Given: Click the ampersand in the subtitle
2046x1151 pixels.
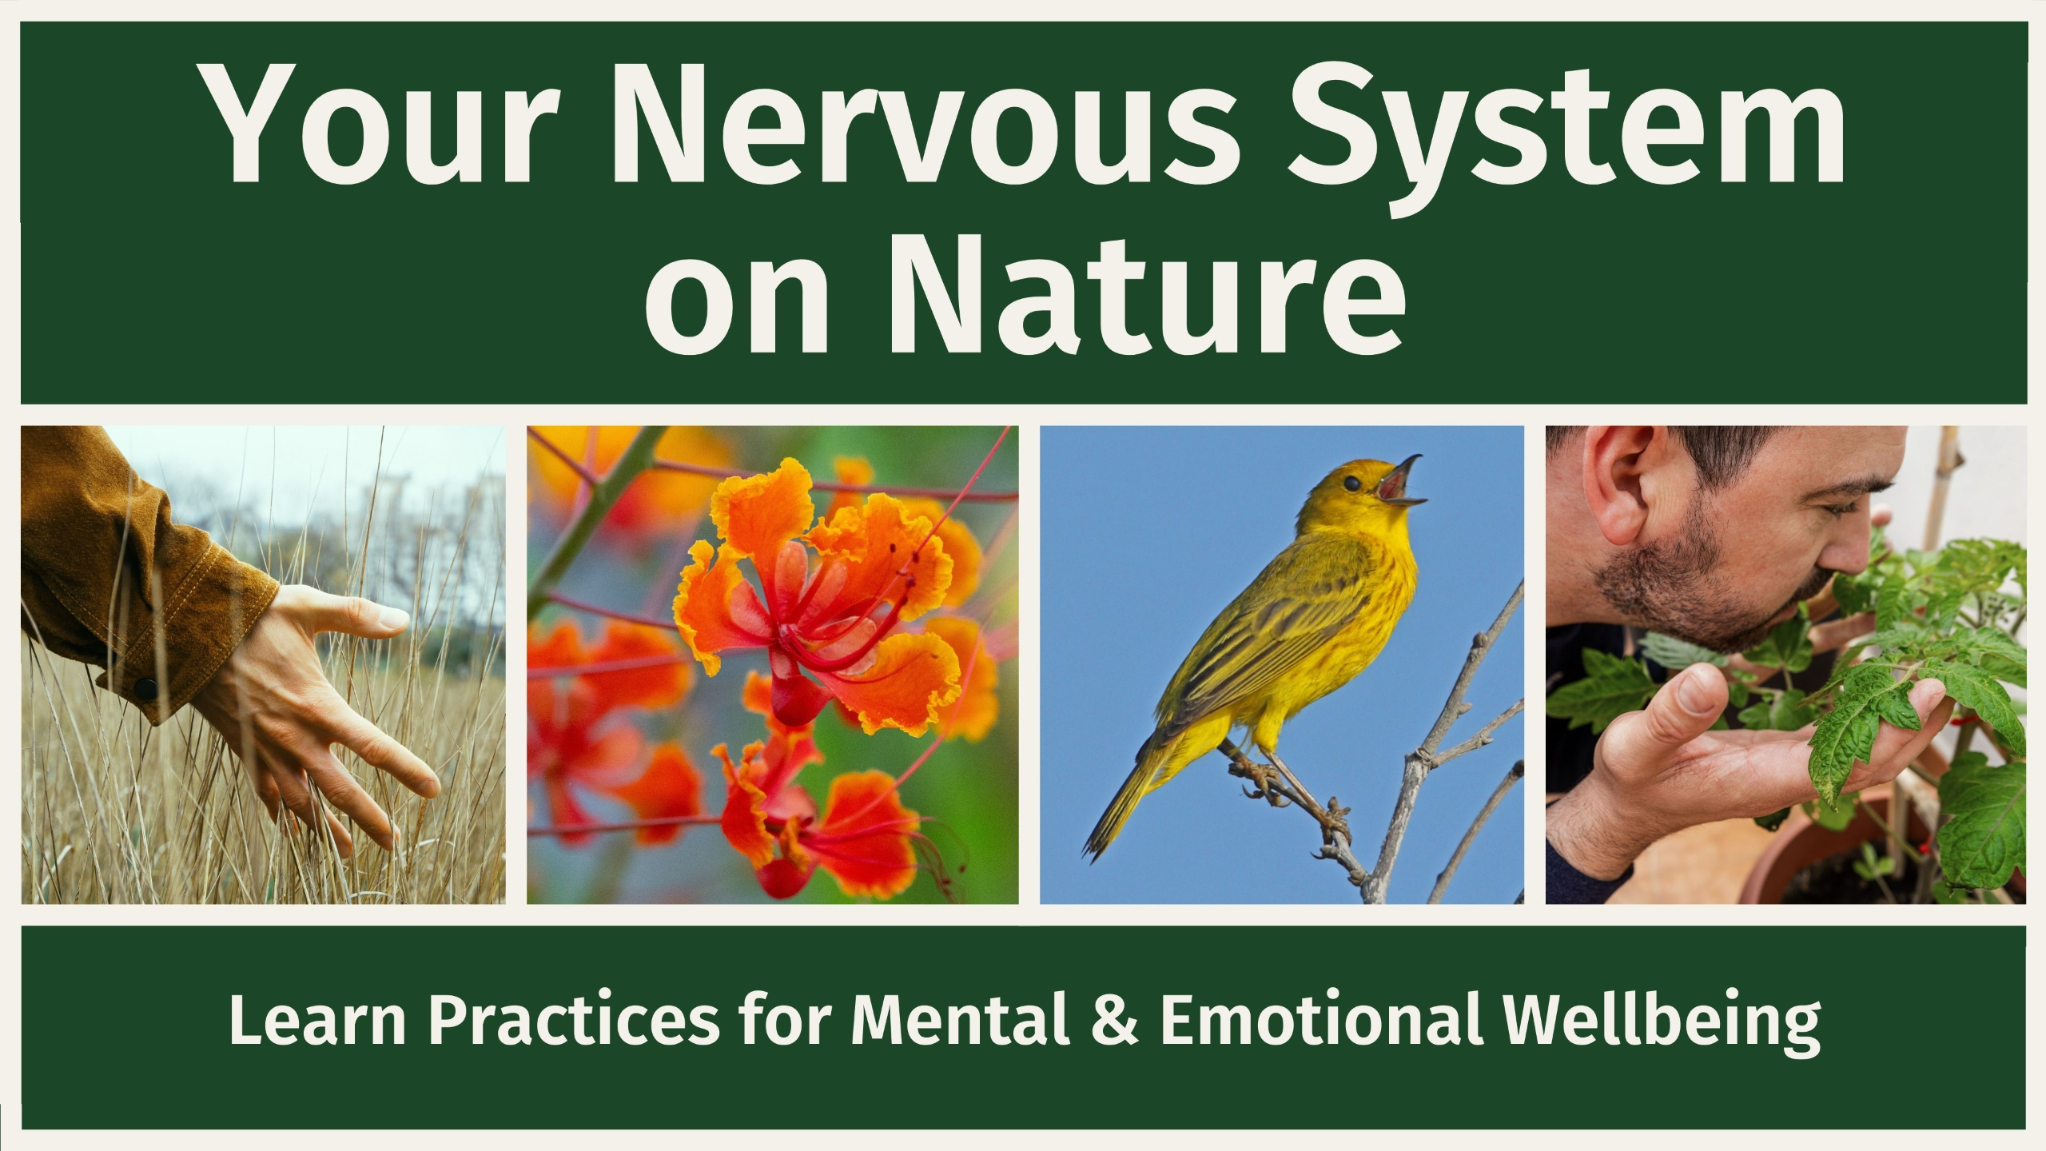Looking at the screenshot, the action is coord(1114,1021).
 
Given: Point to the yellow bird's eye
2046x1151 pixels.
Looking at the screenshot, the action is coord(1351,484).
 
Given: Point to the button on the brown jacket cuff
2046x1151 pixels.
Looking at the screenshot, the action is coord(146,687).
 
